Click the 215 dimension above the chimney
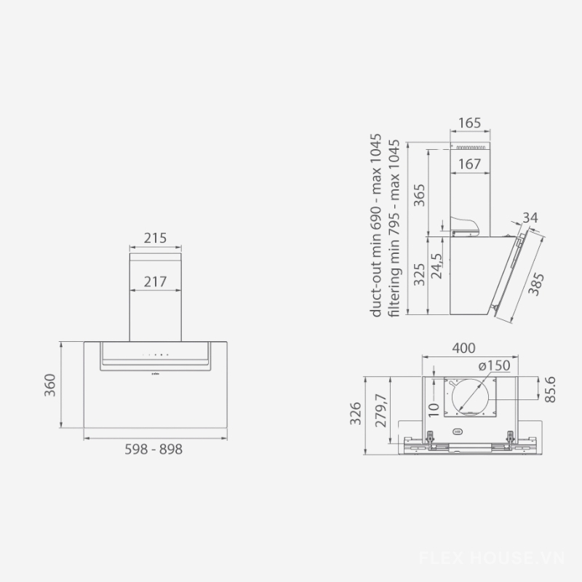[155, 238]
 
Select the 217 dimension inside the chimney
[155, 282]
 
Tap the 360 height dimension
[49, 385]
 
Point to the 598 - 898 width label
[154, 450]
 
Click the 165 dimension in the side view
[469, 123]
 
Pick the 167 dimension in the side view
[469, 164]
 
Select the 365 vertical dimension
[420, 195]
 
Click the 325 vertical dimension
[420, 275]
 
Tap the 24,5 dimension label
[437, 266]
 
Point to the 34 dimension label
[530, 218]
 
